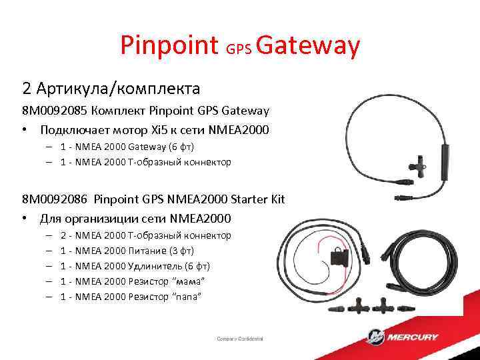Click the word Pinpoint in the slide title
tap(169, 46)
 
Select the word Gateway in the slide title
tap(307, 46)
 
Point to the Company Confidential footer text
tap(240, 338)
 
